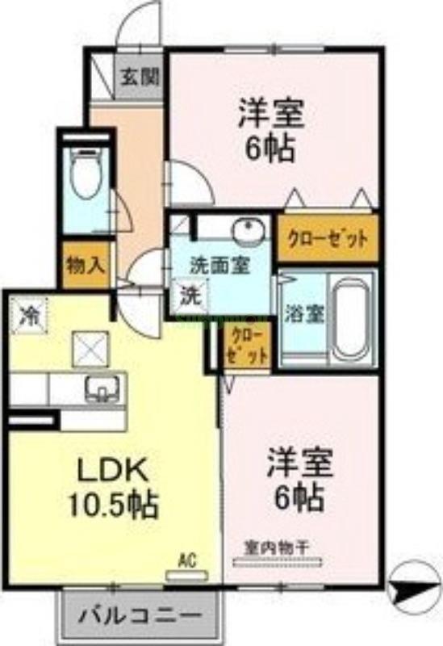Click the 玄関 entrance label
click(140, 78)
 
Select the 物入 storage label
click(83, 266)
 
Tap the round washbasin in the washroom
click(248, 233)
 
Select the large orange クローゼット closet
click(328, 239)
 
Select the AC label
click(186, 560)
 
